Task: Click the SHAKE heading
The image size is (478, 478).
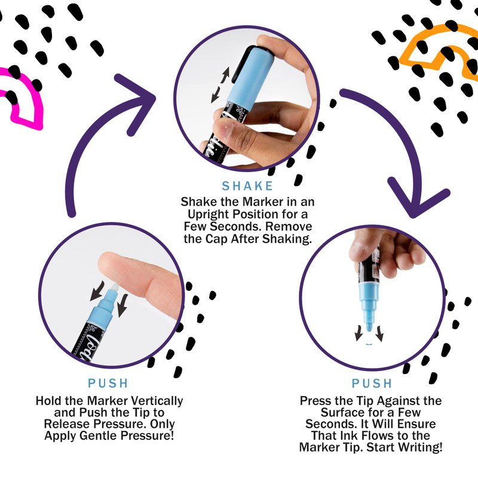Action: (247, 186)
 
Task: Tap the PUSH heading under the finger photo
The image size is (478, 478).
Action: (108, 383)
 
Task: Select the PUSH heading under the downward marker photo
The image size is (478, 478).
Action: (372, 383)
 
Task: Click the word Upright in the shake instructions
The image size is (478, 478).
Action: (209, 215)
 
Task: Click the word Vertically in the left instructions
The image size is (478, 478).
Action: (155, 401)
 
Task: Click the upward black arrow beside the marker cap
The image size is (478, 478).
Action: (225, 75)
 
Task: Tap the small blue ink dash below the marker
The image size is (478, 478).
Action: (369, 345)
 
